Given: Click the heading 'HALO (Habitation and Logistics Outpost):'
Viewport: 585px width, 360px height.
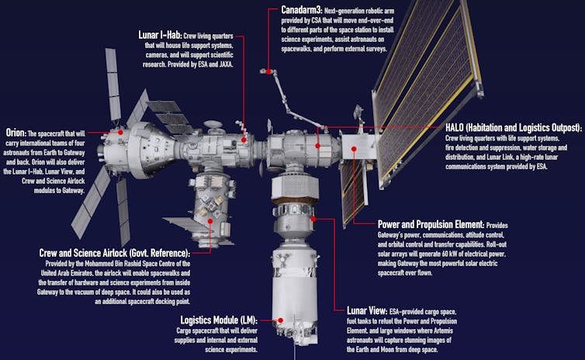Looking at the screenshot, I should (x=513, y=127).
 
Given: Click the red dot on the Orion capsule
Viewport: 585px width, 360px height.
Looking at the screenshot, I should (x=121, y=133).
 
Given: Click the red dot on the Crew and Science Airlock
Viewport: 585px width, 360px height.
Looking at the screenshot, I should (x=210, y=220).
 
